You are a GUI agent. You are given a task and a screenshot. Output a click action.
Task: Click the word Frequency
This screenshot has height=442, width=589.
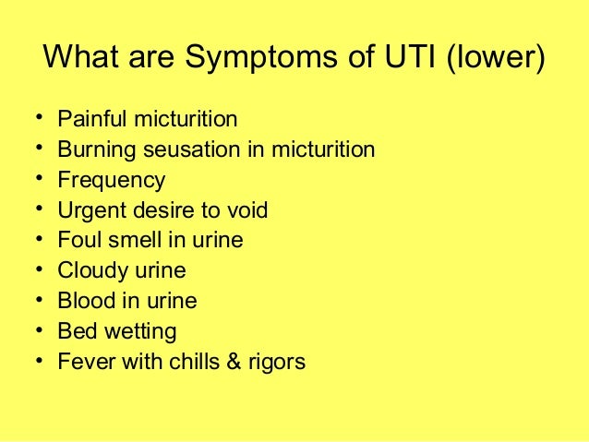click(112, 181)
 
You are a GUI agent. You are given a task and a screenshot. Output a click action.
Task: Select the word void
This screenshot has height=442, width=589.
click(247, 210)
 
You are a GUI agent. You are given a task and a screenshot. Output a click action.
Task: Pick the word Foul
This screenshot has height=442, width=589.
click(77, 241)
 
